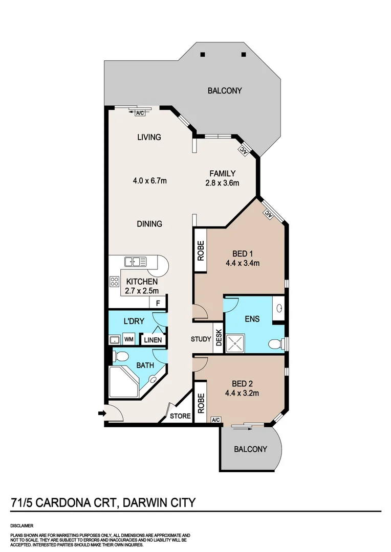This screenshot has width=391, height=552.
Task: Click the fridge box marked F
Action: (158, 303)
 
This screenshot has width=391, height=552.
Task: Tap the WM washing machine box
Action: (129, 339)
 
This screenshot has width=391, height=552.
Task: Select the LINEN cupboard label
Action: (153, 340)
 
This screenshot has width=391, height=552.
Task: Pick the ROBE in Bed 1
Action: (200, 250)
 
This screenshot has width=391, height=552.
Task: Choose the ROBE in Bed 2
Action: (201, 403)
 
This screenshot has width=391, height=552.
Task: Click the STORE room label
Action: (181, 416)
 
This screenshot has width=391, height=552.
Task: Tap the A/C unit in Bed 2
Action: (216, 420)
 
